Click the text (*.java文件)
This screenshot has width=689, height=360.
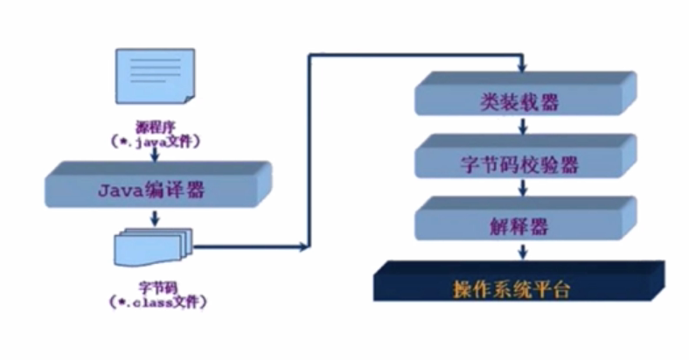[156, 139]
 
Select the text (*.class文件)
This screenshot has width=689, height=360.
[156, 301]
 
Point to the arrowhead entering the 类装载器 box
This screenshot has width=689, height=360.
[522, 69]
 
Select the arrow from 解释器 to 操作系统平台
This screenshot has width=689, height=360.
[522, 252]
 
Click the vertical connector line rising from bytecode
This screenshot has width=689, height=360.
[309, 149]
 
